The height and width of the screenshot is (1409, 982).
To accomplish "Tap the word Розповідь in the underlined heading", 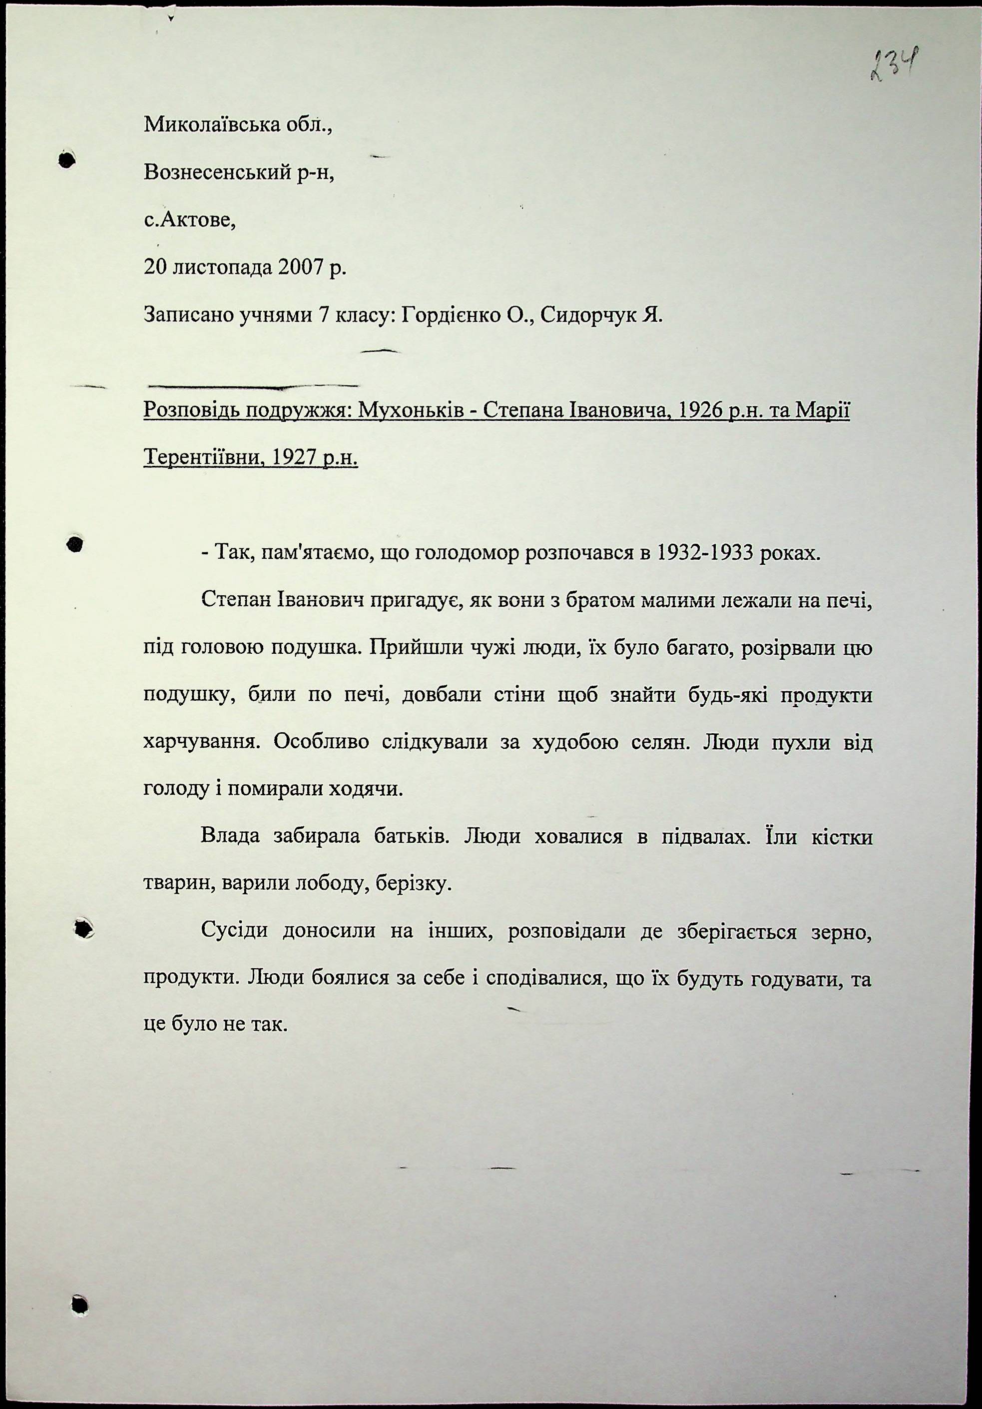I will pos(190,410).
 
